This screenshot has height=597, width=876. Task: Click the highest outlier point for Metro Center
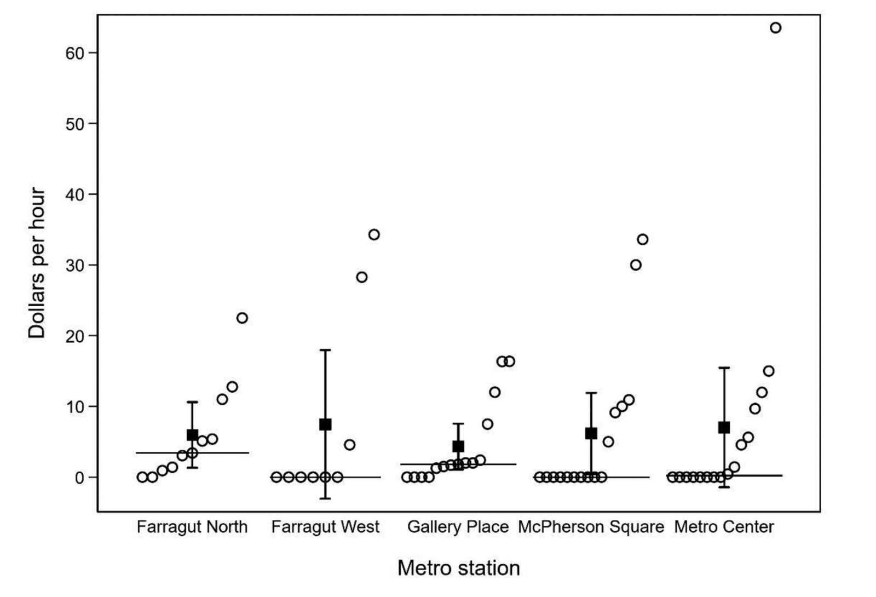tap(775, 27)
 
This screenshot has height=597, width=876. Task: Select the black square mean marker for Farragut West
tap(325, 424)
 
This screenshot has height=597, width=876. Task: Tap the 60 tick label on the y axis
tap(75, 53)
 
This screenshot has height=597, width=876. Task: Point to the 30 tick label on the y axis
tap(75, 265)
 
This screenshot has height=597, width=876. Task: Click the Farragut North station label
tap(192, 527)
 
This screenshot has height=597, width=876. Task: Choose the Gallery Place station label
tap(458, 527)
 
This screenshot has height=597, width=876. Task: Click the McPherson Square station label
tap(591, 527)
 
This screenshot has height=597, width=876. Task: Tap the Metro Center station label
tap(724, 527)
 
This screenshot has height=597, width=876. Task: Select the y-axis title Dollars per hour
tap(37, 263)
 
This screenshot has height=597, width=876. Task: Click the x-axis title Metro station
tap(458, 568)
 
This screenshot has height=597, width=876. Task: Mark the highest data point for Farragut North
tap(242, 318)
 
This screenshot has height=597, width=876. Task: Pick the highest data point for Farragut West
tap(374, 234)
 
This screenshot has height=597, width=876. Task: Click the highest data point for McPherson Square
tap(643, 239)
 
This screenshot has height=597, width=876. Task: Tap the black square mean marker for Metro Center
tap(724, 427)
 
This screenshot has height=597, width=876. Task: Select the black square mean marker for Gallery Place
tap(458, 446)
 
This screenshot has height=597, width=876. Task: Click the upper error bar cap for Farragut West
tap(325, 349)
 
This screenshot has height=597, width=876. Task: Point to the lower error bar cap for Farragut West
tap(325, 498)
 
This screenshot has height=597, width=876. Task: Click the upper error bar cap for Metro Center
tap(724, 368)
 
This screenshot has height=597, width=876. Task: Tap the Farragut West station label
tap(325, 527)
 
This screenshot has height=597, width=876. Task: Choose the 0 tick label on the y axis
tap(79, 478)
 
